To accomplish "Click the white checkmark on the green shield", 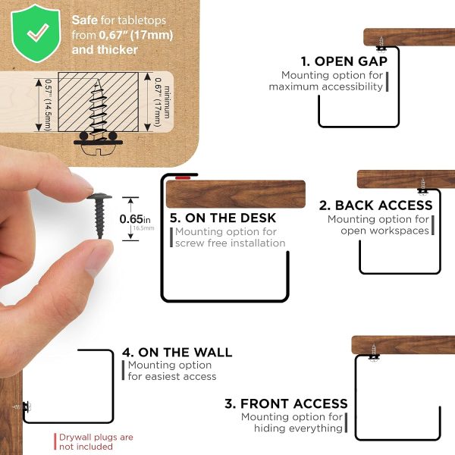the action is [x=38, y=32].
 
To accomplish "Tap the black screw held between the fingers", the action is [x=99, y=216].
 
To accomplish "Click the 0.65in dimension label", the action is [x=135, y=219].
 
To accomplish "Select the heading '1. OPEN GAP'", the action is [x=344, y=61].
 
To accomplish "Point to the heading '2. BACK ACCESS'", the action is [x=376, y=206].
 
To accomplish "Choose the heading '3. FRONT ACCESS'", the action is [x=286, y=403].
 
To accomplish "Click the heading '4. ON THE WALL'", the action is [x=177, y=353].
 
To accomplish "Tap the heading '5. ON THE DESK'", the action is [x=222, y=218].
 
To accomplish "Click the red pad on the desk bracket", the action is [x=183, y=177].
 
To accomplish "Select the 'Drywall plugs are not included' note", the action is [x=96, y=441].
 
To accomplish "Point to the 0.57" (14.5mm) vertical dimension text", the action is [x=48, y=105].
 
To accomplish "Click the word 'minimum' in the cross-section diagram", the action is [x=167, y=102].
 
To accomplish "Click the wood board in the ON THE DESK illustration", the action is [x=236, y=194].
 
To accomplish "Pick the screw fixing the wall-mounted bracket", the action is [x=22, y=406].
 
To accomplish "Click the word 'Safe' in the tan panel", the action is [x=84, y=20].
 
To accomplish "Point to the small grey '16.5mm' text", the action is [x=143, y=228].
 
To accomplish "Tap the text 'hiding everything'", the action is [x=298, y=428].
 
